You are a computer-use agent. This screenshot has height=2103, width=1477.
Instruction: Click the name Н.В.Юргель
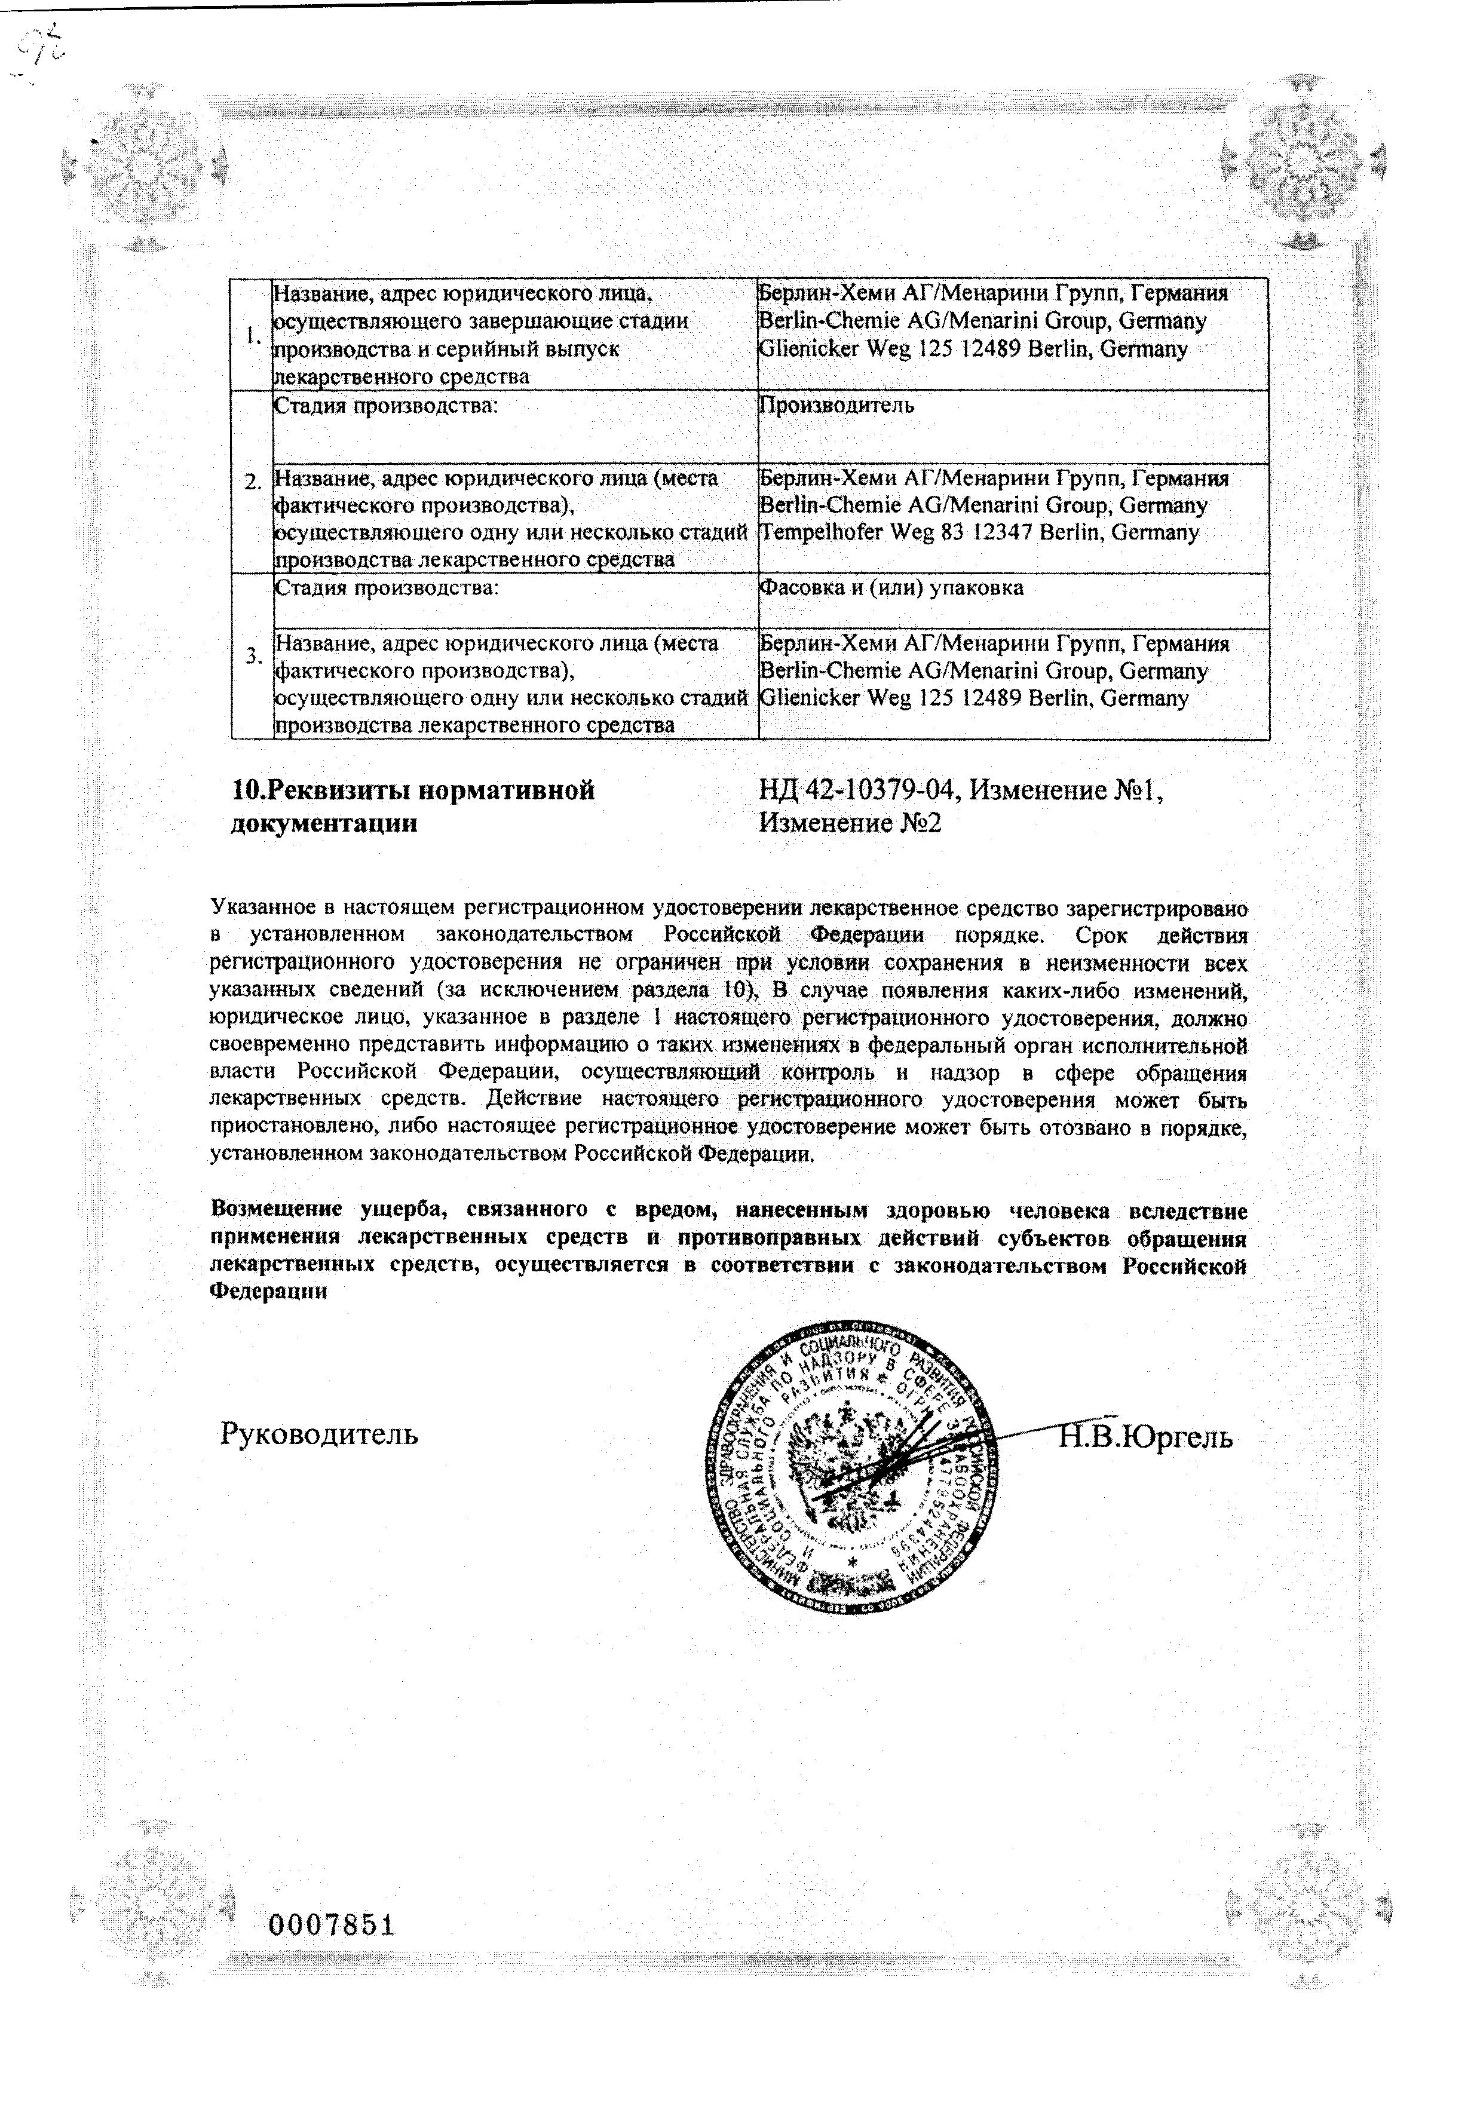coord(1145,1437)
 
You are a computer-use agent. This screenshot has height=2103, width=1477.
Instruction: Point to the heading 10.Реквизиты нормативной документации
coord(412,806)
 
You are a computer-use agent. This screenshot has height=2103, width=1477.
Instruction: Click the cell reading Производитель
coord(836,405)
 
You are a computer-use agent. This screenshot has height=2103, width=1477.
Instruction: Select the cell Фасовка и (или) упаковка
coord(891,588)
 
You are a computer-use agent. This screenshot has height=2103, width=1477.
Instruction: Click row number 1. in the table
coord(252,335)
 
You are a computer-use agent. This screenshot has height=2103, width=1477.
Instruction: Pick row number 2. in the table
coord(253,482)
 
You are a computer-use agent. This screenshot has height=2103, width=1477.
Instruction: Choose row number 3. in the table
coord(253,656)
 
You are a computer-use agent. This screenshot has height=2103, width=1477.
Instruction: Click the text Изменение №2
coord(850,823)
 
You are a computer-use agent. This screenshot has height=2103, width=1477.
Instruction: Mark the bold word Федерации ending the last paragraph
coord(268,1292)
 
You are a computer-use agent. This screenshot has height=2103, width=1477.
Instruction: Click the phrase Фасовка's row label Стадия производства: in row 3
coord(387,588)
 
